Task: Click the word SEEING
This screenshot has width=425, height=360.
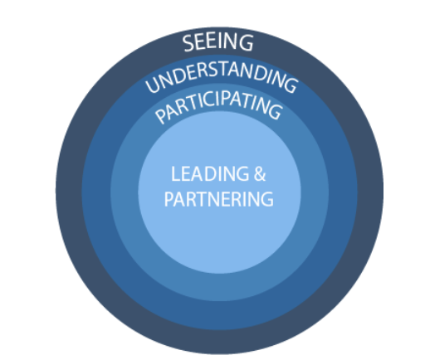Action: click(217, 42)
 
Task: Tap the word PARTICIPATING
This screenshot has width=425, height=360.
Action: click(218, 106)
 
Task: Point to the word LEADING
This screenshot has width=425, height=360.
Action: click(210, 173)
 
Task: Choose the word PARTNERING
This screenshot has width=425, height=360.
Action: click(219, 199)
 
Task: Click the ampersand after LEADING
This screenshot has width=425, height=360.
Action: click(260, 173)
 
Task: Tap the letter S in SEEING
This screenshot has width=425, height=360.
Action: click(188, 44)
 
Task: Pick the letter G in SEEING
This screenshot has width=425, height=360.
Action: click(246, 42)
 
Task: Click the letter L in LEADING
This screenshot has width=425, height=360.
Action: click(175, 173)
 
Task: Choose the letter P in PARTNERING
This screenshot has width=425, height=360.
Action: click(169, 199)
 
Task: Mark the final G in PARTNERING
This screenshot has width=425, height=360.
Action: click(266, 199)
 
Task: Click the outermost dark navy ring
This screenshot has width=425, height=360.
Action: click(69, 191)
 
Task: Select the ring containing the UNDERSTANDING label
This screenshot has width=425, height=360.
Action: click(96, 191)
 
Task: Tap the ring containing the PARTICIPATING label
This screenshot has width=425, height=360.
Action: click(125, 191)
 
